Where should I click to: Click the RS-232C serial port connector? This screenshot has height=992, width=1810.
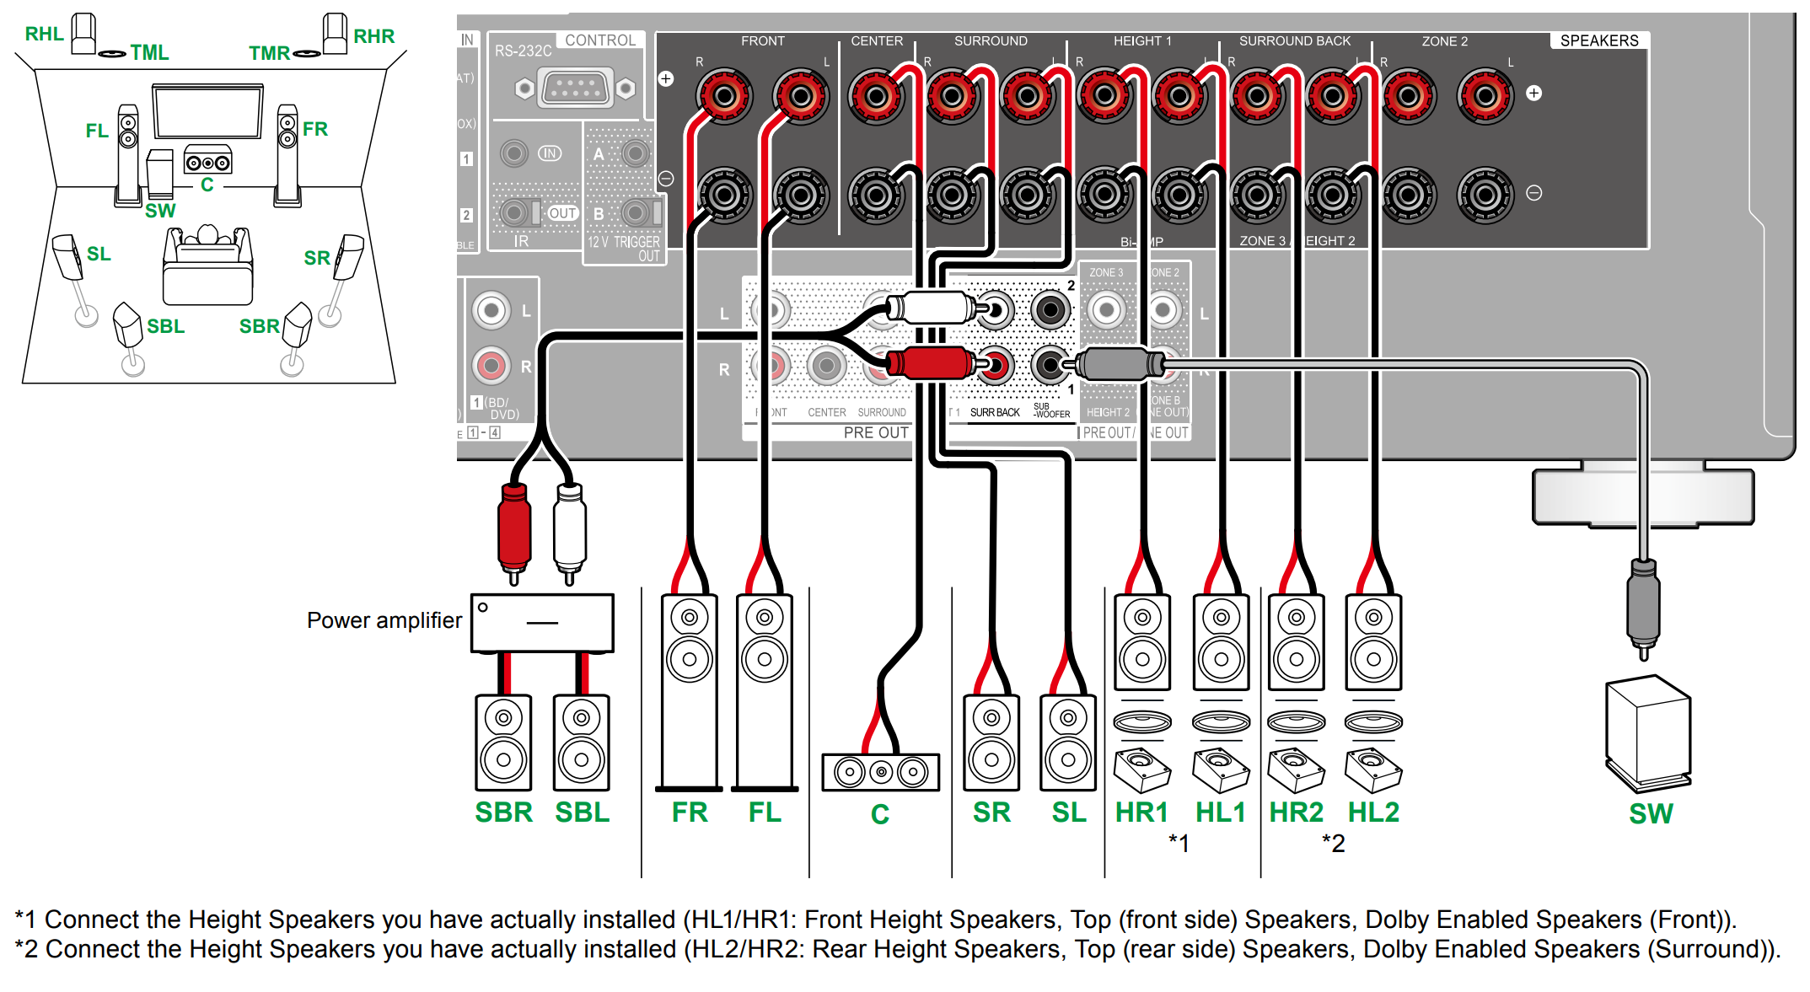(x=575, y=88)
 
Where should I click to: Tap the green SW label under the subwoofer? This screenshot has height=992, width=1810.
(x=1650, y=814)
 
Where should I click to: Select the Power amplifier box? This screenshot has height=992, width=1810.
(x=542, y=623)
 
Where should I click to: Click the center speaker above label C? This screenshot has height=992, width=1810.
(x=880, y=771)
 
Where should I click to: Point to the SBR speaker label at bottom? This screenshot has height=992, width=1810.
(x=503, y=812)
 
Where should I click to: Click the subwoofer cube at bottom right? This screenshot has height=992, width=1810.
(x=1648, y=733)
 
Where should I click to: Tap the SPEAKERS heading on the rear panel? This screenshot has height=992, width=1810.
(x=1598, y=40)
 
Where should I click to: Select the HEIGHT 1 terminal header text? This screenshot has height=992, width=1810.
(x=1141, y=40)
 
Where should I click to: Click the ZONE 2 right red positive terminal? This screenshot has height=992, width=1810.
(x=1408, y=96)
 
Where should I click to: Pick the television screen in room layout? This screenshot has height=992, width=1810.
(x=207, y=112)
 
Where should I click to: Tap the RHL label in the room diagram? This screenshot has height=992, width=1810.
(x=44, y=34)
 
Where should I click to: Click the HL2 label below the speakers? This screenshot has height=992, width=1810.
(x=1373, y=812)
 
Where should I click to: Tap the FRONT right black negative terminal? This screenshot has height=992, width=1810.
(x=723, y=196)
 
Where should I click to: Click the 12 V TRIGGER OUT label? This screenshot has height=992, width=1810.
(x=624, y=249)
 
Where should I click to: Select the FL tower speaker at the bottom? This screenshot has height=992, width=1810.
(x=765, y=691)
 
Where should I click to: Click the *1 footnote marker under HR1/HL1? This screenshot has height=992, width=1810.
(x=1179, y=843)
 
